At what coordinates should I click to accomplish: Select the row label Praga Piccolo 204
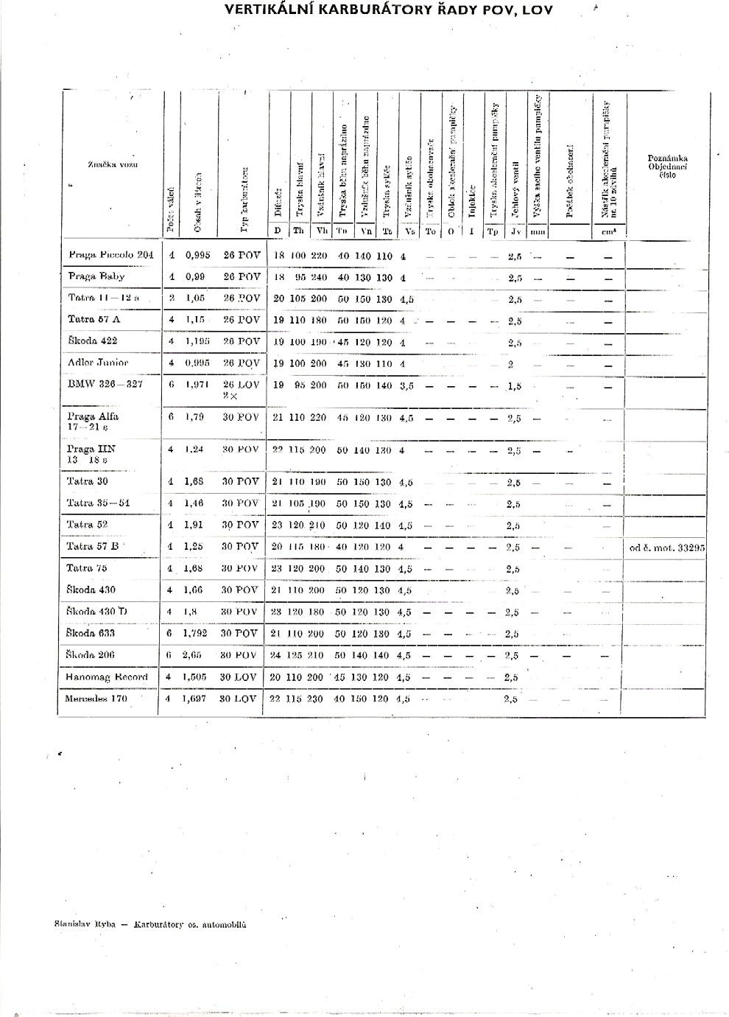[110, 255]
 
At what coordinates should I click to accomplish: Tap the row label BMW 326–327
[105, 384]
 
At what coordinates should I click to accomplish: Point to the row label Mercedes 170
[96, 699]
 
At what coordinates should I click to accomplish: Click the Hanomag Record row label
[106, 677]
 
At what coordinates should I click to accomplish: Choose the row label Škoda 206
[91, 654]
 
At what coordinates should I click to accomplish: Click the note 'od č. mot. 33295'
[667, 548]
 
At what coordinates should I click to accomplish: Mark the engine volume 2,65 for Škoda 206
[193, 655]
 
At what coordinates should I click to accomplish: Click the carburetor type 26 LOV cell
[241, 385]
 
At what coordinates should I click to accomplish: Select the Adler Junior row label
[97, 363]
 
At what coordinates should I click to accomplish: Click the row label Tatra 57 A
[94, 320]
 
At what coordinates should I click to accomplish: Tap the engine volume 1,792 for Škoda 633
[195, 633]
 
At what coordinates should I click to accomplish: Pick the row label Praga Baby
[96, 276]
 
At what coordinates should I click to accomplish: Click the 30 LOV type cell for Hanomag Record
[239, 677]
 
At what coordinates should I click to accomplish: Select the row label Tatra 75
[86, 568]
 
